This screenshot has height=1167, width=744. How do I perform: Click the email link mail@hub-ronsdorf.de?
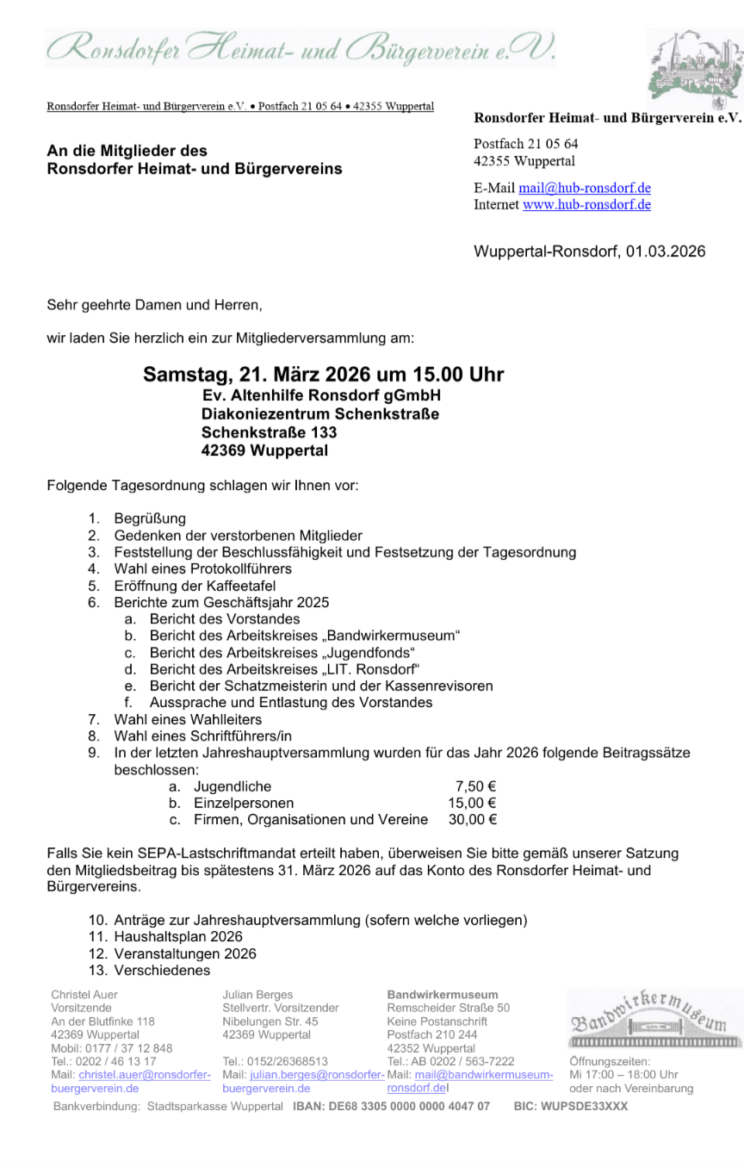(584, 189)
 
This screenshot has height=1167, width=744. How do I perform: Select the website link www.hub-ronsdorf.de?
(586, 205)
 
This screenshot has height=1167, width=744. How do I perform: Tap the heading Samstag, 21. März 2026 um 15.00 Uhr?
(323, 375)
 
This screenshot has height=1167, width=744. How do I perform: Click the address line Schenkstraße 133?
(269, 432)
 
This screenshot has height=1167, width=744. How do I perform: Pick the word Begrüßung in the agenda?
(150, 518)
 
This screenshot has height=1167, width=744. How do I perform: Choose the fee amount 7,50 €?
(475, 786)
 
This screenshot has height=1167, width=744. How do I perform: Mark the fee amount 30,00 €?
(472, 820)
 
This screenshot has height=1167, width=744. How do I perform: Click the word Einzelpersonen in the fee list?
(235, 803)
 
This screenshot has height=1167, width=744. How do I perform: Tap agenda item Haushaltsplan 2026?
(178, 936)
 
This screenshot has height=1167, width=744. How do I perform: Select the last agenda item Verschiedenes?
(162, 971)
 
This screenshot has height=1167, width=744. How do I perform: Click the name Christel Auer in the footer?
(84, 995)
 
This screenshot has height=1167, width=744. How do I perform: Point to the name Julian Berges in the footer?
(257, 995)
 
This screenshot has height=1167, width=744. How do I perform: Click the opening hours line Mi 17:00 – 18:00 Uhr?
(623, 1075)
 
